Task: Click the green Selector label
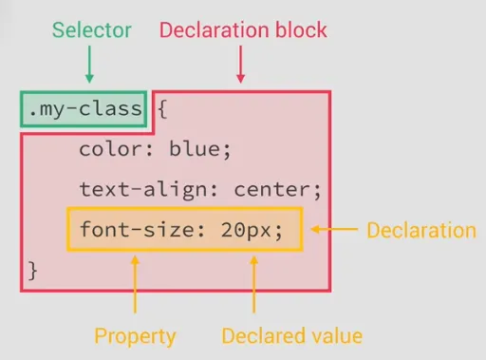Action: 92,30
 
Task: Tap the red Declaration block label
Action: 243,30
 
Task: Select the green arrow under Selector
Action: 89,65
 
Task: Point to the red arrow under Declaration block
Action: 241,65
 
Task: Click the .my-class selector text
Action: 85,109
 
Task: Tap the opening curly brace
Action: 162,109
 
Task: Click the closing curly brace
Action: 33,271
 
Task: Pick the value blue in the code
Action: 195,148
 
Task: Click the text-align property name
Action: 142,189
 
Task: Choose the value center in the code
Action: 271,190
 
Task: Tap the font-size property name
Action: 138,229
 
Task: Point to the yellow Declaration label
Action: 421,230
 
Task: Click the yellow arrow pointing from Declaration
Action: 334,229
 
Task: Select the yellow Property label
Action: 135,336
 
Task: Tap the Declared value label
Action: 292,335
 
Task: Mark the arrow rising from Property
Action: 135,285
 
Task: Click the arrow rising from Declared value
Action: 253,285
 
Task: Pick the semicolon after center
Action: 317,191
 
